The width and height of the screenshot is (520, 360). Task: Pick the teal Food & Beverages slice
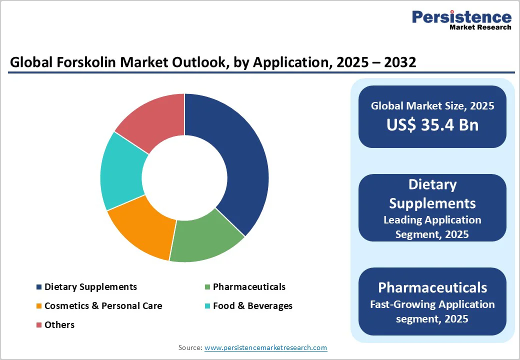tap(122, 170)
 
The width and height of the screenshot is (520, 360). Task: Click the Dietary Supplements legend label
tap(90, 287)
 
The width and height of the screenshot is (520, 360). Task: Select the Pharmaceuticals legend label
tap(249, 287)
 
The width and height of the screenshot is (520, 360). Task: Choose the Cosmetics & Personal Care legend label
tap(103, 306)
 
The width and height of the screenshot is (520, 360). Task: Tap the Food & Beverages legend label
tap(252, 306)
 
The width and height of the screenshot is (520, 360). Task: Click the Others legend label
tap(59, 325)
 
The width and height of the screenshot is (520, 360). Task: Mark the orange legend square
tap(39, 306)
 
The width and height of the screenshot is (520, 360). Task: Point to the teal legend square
tap(207, 306)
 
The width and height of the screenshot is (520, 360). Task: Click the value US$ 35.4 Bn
tap(432, 125)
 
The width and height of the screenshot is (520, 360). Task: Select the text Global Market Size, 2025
tap(432, 106)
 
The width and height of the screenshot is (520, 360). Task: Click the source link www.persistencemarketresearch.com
tap(265, 347)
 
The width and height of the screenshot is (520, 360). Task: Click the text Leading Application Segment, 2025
tap(432, 227)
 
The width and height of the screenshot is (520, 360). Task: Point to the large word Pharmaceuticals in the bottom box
tap(432, 287)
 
